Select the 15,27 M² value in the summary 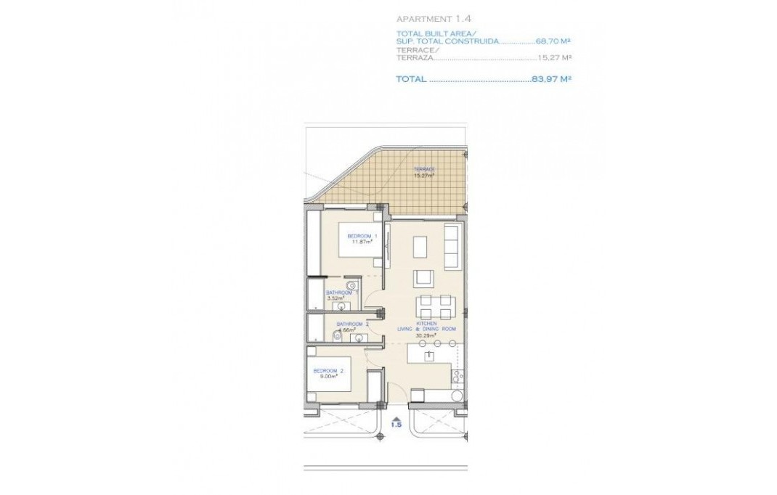coord(554,58)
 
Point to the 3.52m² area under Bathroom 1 coord(334,298)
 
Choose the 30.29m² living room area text coord(425,336)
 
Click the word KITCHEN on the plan coord(426,323)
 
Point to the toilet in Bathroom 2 coord(334,335)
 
